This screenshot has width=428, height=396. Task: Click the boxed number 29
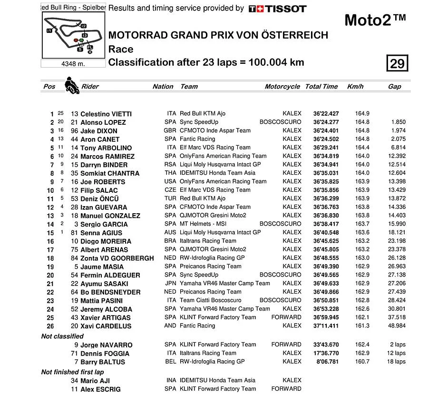pyautogui.click(x=397, y=63)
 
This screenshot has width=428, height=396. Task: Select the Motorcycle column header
pyautogui.click(x=282, y=87)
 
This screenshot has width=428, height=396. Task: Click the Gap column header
pyautogui.click(x=394, y=87)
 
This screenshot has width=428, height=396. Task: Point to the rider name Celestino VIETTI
pyautogui.click(x=106, y=114)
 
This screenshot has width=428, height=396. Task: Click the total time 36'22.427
pyautogui.click(x=326, y=114)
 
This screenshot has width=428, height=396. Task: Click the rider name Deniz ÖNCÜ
pyautogui.click(x=99, y=198)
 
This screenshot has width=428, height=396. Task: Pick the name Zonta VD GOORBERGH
pyautogui.click(x=117, y=258)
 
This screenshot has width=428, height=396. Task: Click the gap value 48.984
pyautogui.click(x=396, y=326)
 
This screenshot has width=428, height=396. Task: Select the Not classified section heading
pyautogui.click(x=62, y=336)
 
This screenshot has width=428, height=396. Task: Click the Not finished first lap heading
pyautogui.click(x=72, y=372)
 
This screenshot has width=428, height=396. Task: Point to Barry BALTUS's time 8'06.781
pyautogui.click(x=328, y=362)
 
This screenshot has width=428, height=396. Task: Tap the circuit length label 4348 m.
pyautogui.click(x=73, y=64)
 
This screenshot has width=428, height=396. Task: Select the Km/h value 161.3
pyautogui.click(x=362, y=326)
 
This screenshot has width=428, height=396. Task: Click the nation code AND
pyautogui.click(x=170, y=326)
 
